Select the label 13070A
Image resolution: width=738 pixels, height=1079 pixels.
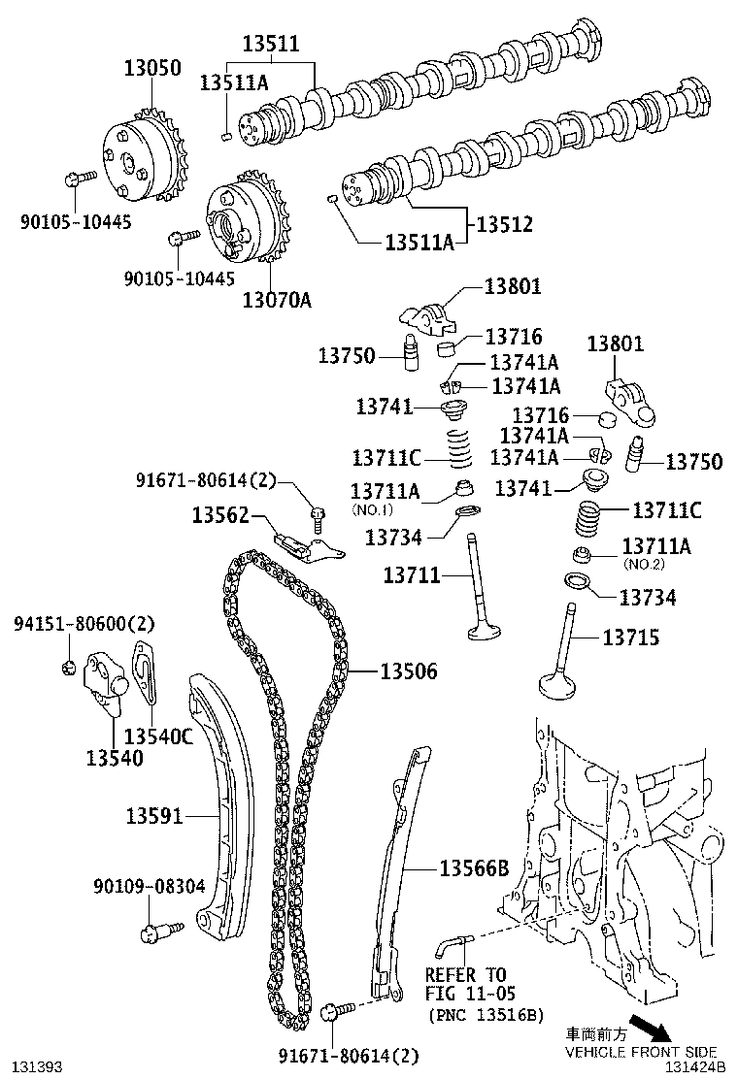tap(277, 300)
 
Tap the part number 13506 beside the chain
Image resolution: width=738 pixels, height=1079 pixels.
tap(408, 671)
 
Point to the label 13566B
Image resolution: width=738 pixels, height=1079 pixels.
tap(474, 868)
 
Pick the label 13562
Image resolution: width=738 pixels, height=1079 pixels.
tap(220, 515)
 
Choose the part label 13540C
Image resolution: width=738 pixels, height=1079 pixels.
tap(159, 736)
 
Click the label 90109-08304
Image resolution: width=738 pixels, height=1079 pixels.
tap(150, 887)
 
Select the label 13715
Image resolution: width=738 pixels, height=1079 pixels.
tap(631, 638)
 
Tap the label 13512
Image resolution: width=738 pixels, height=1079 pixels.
tap(504, 225)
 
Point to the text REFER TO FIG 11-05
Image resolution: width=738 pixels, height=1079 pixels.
tap(466, 984)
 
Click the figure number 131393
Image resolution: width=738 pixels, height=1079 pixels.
tap(37, 1067)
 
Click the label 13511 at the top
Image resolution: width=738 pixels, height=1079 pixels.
tap(271, 44)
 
